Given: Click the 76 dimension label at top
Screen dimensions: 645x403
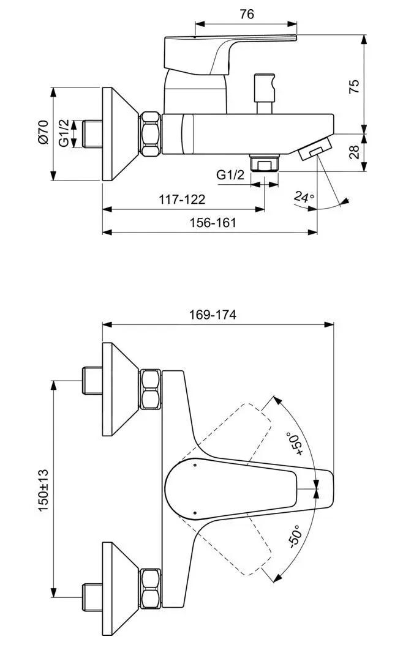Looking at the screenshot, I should coord(246,14).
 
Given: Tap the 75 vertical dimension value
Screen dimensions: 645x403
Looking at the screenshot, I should coord(355,86).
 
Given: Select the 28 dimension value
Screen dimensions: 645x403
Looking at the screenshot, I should coord(355,152).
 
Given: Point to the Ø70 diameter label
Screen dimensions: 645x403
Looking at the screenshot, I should coord(42,132).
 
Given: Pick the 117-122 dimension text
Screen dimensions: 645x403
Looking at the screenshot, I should coord(182,199).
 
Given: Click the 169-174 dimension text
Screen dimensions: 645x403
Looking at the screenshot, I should coord(213,315).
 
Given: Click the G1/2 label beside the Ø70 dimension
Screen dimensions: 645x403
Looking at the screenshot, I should coord(64,133).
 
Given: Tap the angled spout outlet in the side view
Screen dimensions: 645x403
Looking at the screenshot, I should coord(316,149).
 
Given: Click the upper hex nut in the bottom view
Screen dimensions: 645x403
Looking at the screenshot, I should coord(151,390).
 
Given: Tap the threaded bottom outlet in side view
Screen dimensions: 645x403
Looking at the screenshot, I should coord(265,164).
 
